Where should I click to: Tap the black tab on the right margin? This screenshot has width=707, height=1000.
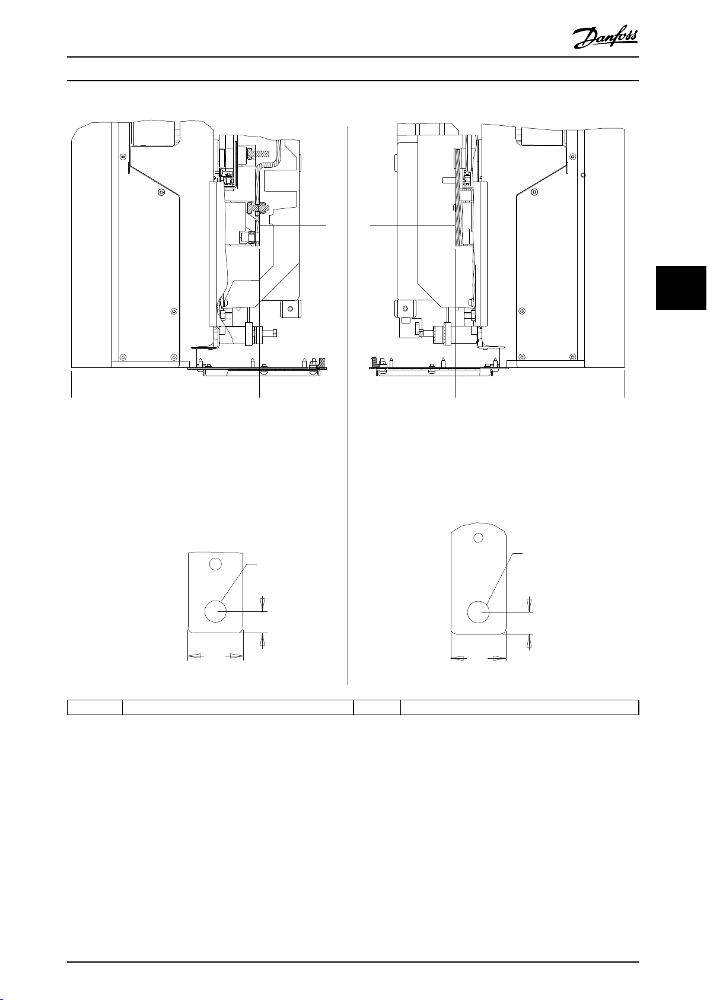681,288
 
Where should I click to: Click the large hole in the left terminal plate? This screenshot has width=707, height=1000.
215,611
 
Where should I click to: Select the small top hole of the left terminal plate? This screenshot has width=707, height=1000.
215,564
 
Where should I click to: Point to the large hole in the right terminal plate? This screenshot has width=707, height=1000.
478,612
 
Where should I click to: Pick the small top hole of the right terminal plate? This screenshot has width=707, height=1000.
479,538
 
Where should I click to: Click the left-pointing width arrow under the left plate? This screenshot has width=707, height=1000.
195,656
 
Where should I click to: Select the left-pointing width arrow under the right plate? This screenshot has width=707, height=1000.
459,658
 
